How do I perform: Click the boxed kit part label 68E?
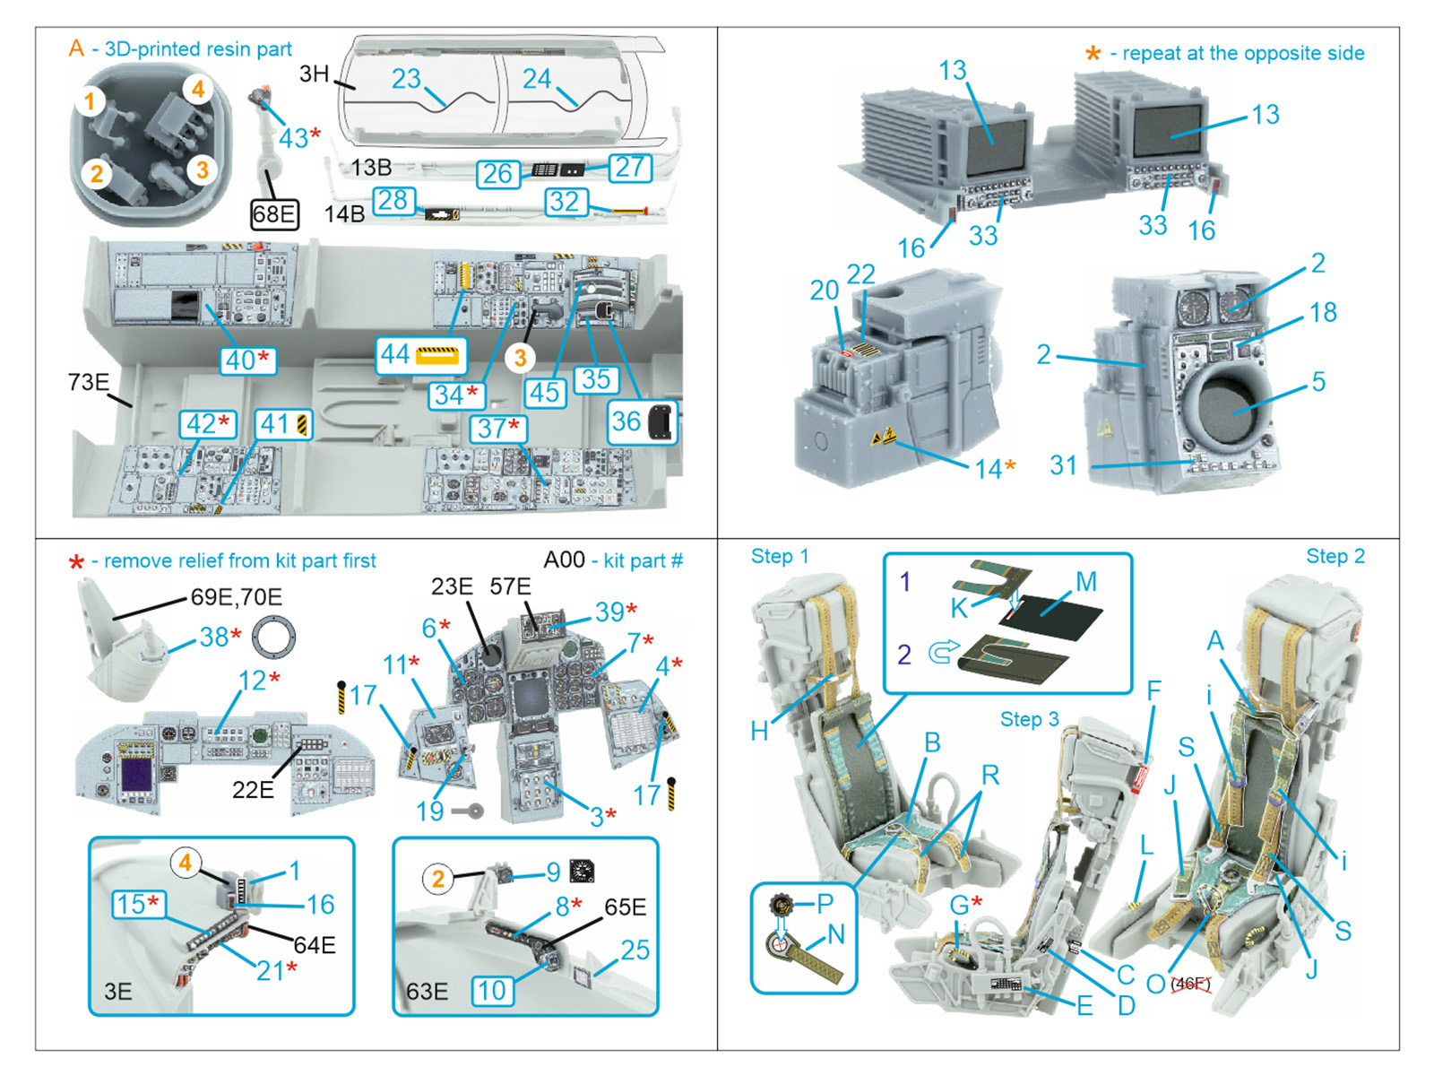pos(274,214)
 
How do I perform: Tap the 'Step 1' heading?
pos(779,556)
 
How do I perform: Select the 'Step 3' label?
pos(1029,719)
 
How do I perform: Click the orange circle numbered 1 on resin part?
pos(90,101)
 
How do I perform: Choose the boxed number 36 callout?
pos(643,421)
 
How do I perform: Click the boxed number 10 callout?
pos(492,990)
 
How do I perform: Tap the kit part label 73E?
pos(88,382)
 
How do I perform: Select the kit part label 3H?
pos(314,74)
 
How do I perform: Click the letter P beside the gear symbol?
pos(825,903)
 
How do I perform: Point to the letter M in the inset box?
pos(1086,582)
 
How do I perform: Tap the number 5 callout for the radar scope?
pos(1318,381)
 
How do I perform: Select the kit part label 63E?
pos(427,991)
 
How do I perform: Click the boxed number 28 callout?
pos(393,200)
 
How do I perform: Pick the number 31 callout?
pos(1063,464)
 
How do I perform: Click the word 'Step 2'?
pos(1335,556)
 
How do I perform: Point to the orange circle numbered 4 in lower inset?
pos(185,863)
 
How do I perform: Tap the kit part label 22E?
pos(253,789)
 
